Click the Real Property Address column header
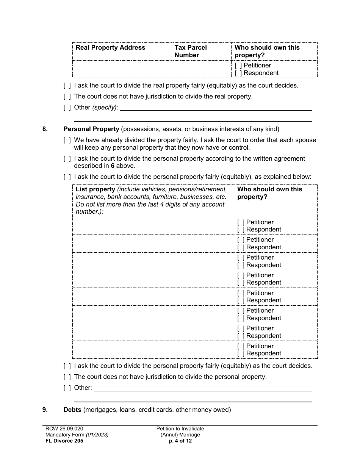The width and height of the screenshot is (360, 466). (110, 48)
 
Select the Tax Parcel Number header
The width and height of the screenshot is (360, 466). (190, 51)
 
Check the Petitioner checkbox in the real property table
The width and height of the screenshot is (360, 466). (237, 66)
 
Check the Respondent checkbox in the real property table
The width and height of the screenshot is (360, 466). (237, 73)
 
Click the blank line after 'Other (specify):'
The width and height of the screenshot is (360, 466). (216, 108)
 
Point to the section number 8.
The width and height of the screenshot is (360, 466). (45, 129)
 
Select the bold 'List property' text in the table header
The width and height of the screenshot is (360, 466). (95, 189)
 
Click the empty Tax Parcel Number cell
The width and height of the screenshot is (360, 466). (201, 69)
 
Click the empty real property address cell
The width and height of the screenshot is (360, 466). (121, 69)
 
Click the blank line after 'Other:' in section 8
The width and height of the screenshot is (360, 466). (203, 388)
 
